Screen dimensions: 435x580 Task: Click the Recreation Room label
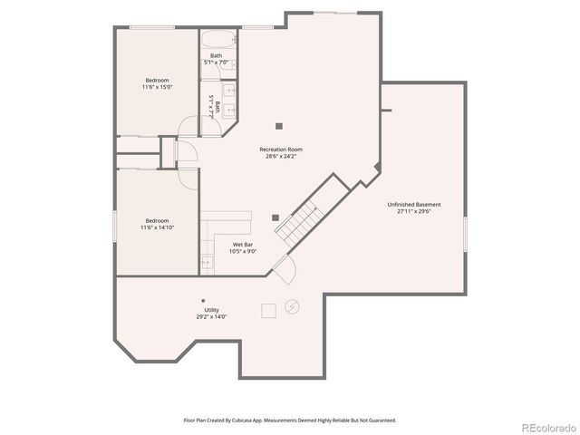click(x=281, y=149)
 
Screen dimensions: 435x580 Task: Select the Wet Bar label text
click(x=243, y=244)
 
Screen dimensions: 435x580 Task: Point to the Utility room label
click(x=211, y=310)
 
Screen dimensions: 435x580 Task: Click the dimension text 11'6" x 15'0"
click(x=157, y=87)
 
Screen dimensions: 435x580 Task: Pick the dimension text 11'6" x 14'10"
click(x=157, y=227)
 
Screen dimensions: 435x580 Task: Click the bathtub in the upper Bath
click(x=217, y=41)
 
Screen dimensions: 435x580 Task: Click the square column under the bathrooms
click(x=279, y=126)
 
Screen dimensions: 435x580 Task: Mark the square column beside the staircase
click(x=275, y=217)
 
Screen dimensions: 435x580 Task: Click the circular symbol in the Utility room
click(x=292, y=306)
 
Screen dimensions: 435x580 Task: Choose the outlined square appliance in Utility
click(x=268, y=311)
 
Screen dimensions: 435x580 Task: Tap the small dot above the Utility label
click(x=203, y=300)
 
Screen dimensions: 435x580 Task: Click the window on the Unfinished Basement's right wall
click(x=465, y=234)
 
